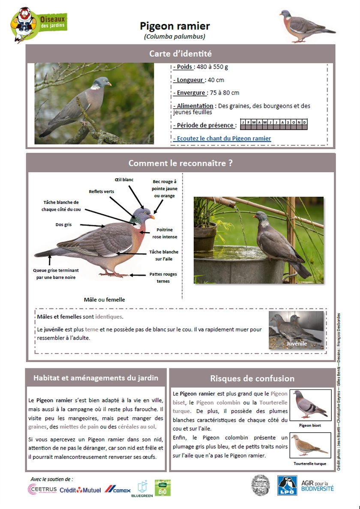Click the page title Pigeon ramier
click(175, 26)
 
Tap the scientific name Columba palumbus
click(175, 37)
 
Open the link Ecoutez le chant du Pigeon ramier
click(222, 138)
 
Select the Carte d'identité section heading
click(180, 54)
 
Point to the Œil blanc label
click(124, 180)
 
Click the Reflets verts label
click(102, 192)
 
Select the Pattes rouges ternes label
click(163, 278)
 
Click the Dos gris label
click(63, 225)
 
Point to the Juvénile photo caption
click(297, 344)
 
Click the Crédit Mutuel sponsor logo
click(80, 490)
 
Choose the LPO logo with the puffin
click(287, 486)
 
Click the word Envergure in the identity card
click(191, 93)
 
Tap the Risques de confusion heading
click(252, 378)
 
